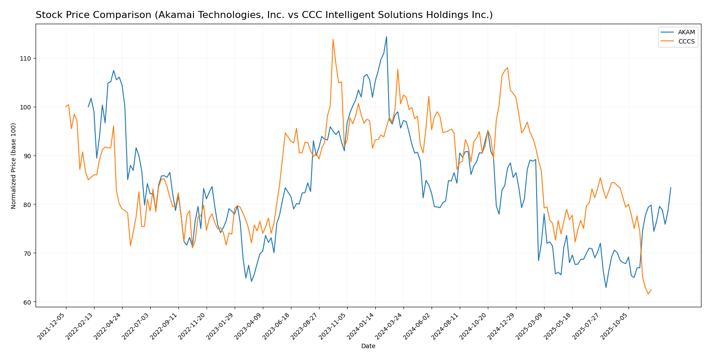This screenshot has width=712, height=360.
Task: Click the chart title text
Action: (x=264, y=15)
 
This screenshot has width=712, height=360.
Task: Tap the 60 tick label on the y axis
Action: (x=27, y=302)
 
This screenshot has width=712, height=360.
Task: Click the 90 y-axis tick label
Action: (x=27, y=156)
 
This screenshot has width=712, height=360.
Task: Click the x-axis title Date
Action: (x=368, y=346)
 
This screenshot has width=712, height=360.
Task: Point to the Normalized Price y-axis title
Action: (x=14, y=166)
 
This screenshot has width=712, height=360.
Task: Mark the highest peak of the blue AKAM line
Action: (x=386, y=36)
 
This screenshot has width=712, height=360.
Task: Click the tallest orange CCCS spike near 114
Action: (x=333, y=40)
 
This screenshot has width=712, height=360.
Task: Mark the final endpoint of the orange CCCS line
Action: (x=651, y=290)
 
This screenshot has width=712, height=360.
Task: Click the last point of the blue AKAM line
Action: (x=671, y=188)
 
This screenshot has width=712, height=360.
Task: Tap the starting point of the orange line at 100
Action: (x=66, y=107)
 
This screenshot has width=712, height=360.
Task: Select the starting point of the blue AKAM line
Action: (x=88, y=107)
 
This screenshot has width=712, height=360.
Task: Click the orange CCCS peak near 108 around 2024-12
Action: (x=508, y=68)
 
